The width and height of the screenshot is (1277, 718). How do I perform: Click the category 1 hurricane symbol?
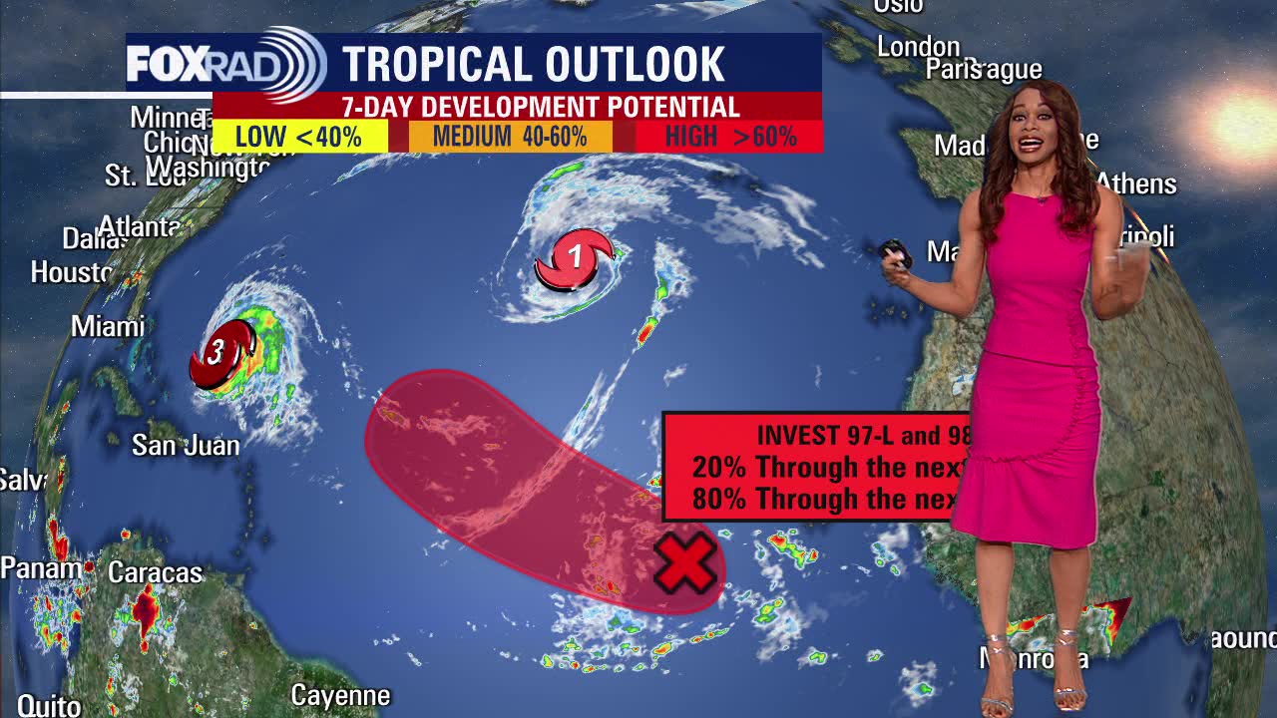[575, 258]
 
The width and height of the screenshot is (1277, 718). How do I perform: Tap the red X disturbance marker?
[684, 562]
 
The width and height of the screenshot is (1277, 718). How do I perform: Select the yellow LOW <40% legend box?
[299, 137]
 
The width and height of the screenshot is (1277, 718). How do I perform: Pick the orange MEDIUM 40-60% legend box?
[510, 137]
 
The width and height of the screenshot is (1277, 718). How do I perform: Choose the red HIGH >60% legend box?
[730, 137]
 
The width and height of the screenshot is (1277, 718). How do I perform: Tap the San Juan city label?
[186, 445]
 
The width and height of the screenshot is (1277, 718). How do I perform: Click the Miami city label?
[108, 326]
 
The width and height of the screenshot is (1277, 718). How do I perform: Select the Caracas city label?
[155, 572]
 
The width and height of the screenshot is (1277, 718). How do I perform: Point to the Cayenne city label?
[340, 694]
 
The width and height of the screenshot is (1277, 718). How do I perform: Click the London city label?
[918, 46]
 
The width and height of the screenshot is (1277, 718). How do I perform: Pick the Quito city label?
[49, 705]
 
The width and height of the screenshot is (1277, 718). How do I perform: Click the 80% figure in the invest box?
[718, 499]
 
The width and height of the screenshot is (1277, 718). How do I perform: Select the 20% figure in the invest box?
[718, 467]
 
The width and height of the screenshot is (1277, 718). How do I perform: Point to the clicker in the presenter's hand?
[896, 253]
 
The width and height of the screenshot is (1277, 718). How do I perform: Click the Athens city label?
[1137, 184]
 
